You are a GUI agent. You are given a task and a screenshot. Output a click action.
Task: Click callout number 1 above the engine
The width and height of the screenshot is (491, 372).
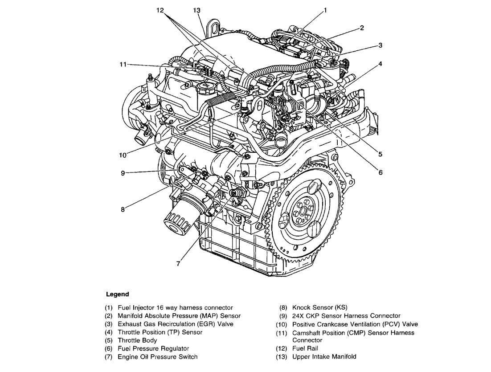325,9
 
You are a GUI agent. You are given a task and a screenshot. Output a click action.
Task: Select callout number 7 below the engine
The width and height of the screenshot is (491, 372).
178,263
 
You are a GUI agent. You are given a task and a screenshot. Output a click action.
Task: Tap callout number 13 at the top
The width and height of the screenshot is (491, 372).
197,10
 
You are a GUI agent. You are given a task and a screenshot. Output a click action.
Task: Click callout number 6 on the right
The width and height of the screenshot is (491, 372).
381,173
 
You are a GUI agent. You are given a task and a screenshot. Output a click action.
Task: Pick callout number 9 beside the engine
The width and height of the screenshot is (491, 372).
123,173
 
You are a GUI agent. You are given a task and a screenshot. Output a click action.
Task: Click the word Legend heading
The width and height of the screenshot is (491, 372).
118,294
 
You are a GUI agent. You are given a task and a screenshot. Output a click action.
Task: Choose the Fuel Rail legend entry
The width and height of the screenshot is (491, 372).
305,348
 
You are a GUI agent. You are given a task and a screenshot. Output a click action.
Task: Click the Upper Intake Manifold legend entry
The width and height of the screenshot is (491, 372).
324,356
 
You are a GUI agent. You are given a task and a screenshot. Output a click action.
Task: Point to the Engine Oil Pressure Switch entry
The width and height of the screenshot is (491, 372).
157,356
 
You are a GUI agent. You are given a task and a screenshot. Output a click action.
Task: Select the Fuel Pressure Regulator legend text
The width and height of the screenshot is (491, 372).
153,348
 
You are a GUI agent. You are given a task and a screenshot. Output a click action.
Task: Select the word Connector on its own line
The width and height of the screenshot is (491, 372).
307,340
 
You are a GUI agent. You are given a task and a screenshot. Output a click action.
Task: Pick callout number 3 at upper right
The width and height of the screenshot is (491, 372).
380,45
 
